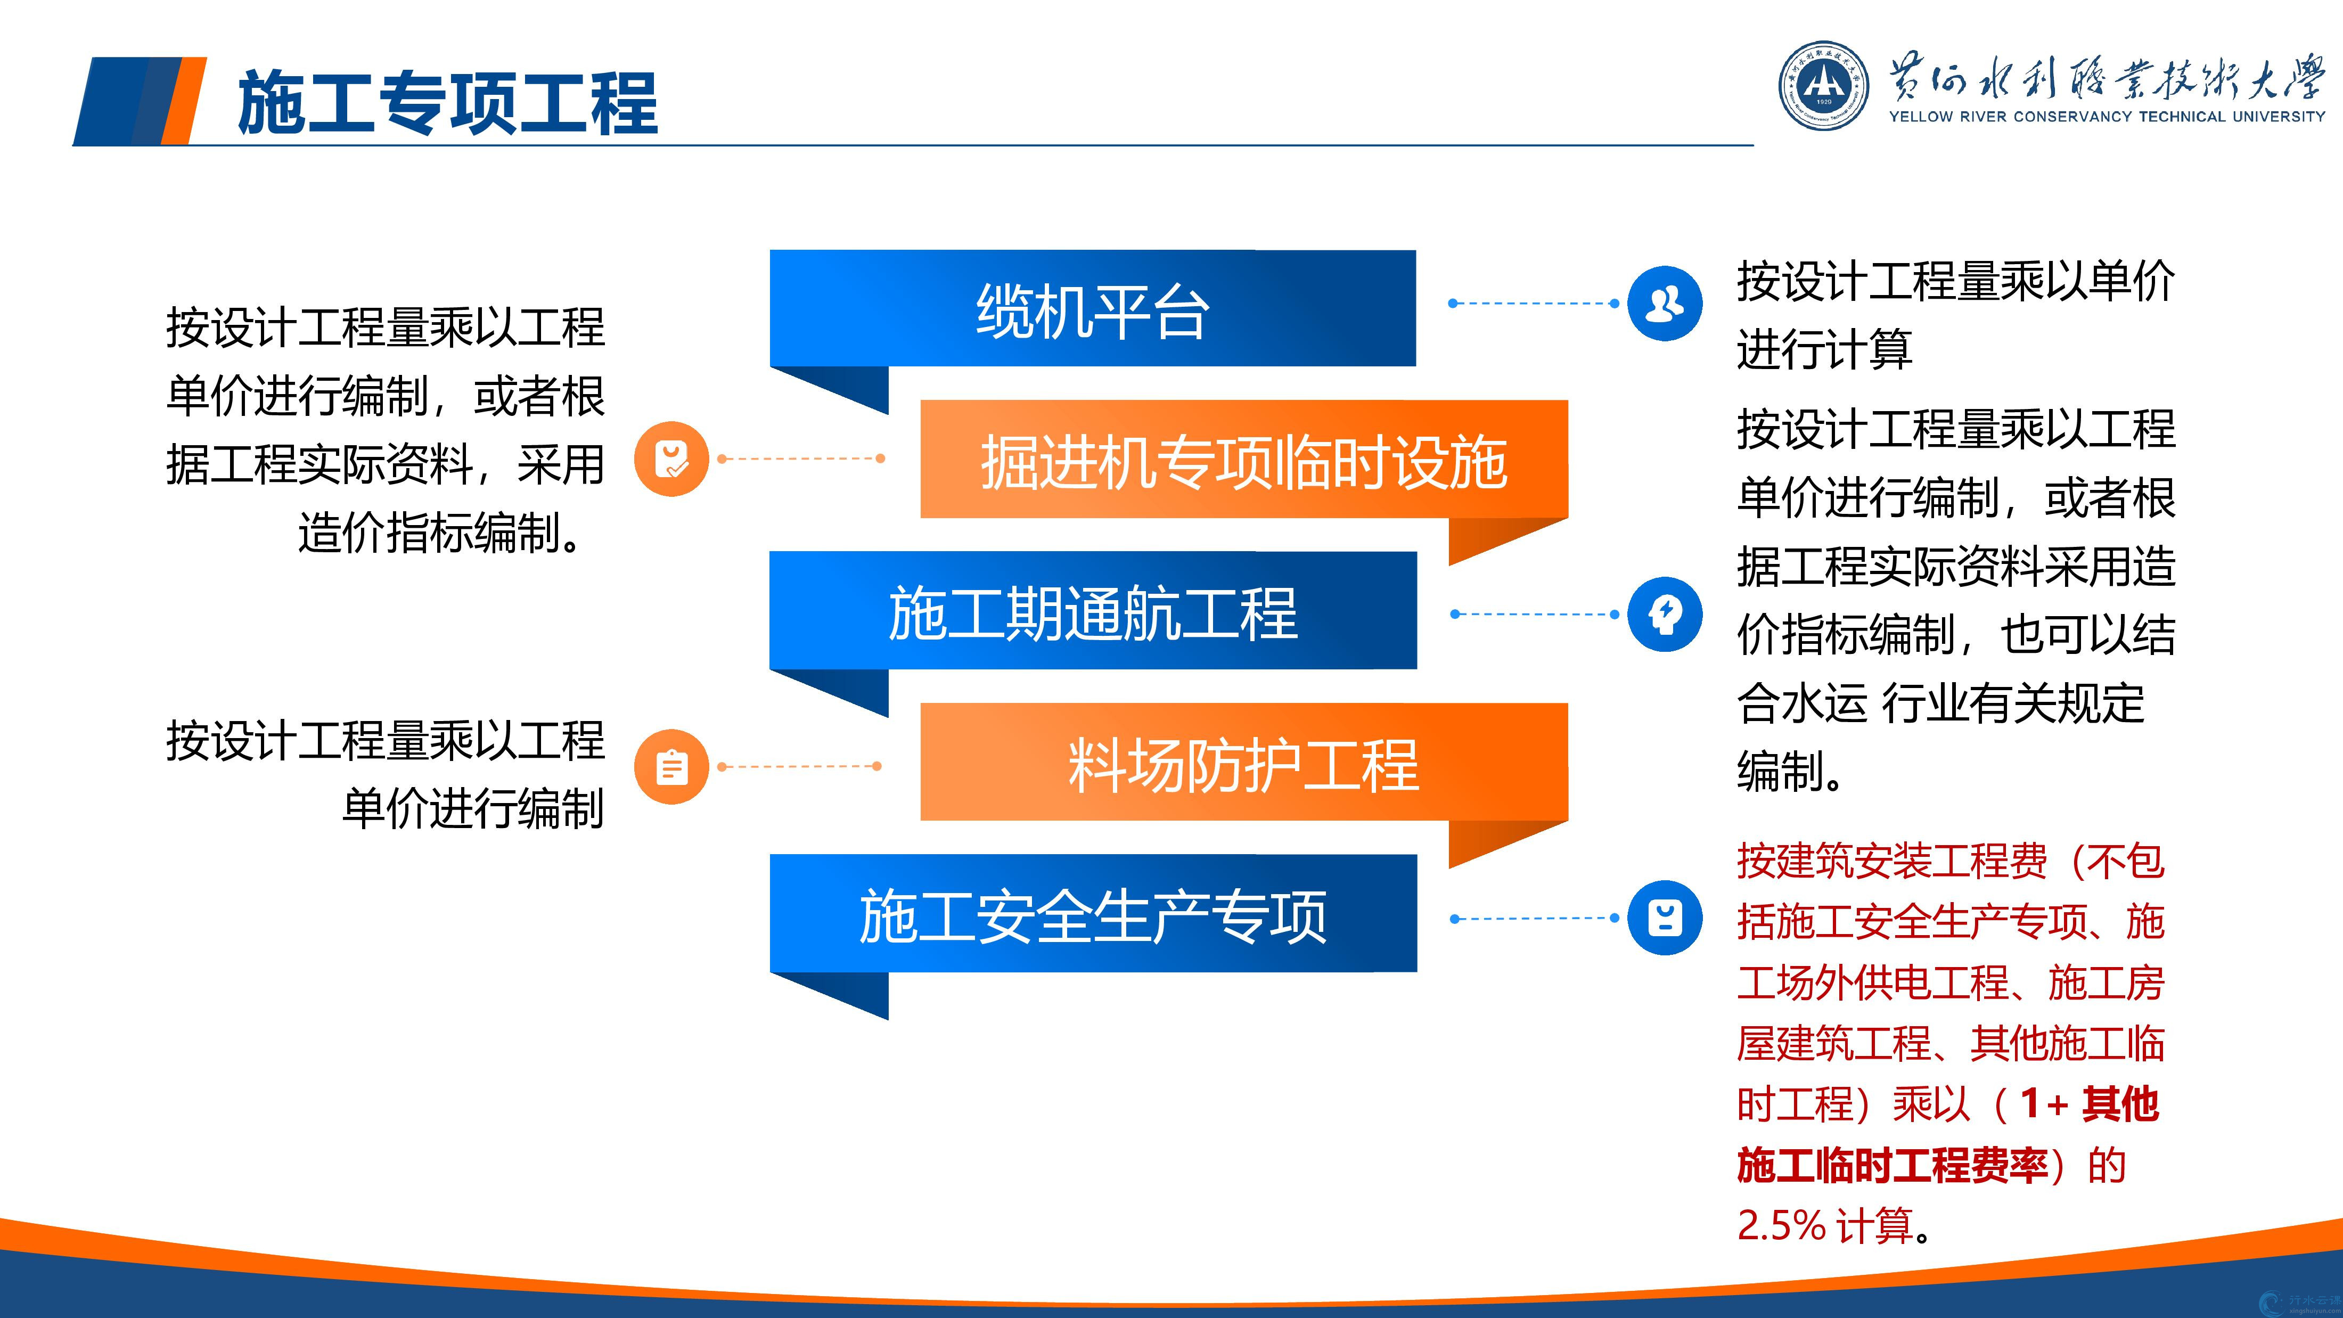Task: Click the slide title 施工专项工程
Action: [x=447, y=103]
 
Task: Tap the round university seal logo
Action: [x=1824, y=86]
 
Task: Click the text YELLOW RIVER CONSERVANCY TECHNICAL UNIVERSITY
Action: [x=2107, y=117]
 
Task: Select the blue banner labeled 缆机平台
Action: [x=1092, y=308]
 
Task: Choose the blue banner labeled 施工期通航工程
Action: [x=1092, y=610]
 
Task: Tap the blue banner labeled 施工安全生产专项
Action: [x=1092, y=913]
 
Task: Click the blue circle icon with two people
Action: [x=1665, y=303]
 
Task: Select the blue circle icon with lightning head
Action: [x=1665, y=614]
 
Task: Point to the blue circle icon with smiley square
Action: [x=1665, y=918]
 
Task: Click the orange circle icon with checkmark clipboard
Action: [x=671, y=459]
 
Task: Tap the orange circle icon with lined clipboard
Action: [x=671, y=767]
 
